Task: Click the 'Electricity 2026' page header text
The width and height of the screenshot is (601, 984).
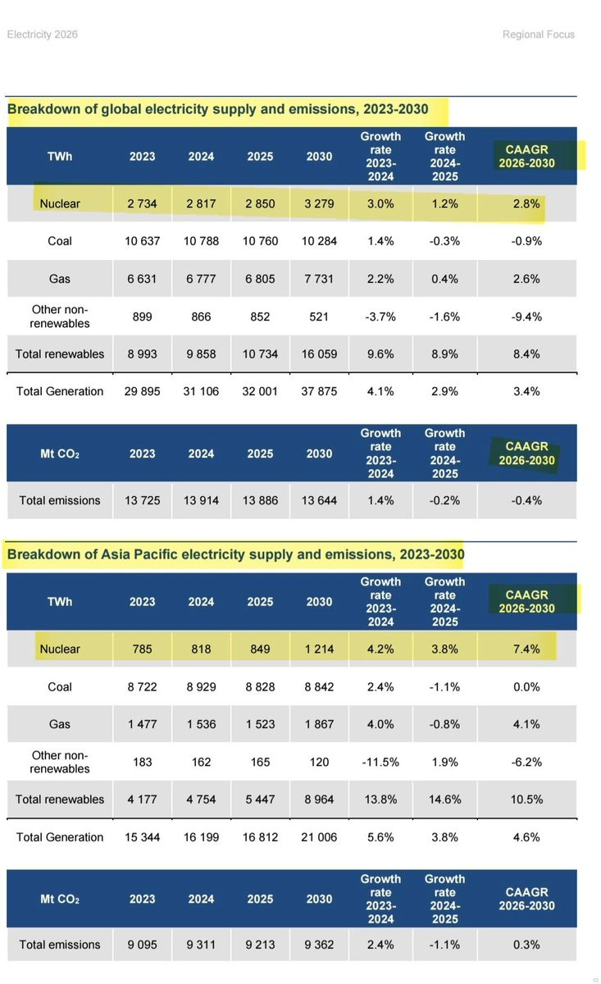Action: click(42, 34)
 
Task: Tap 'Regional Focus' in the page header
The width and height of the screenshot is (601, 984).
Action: click(539, 34)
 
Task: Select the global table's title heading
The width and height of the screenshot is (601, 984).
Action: click(217, 108)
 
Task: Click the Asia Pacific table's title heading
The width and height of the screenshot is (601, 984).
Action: click(235, 555)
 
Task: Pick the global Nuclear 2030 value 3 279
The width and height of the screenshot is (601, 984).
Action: click(319, 203)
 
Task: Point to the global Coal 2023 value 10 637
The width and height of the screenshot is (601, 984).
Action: click(142, 241)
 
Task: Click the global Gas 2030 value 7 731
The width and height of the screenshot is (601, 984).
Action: click(319, 279)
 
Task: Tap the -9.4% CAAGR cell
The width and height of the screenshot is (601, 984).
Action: click(526, 317)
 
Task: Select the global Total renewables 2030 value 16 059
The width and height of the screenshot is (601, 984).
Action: click(319, 353)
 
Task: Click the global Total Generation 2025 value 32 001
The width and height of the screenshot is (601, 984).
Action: click(260, 391)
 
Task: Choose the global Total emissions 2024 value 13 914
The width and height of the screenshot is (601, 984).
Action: click(201, 500)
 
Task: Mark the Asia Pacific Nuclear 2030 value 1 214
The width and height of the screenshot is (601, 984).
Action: click(319, 649)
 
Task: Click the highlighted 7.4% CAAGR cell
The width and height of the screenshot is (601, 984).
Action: click(526, 649)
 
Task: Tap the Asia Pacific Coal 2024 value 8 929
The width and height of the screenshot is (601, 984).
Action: click(201, 686)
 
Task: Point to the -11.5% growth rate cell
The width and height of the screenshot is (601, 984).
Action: click(380, 762)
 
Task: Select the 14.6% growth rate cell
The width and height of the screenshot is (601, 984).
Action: click(444, 799)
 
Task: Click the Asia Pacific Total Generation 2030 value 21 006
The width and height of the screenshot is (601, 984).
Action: click(319, 837)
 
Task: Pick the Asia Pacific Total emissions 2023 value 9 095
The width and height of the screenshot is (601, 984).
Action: click(142, 945)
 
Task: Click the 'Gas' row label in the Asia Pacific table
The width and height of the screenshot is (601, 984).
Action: click(60, 724)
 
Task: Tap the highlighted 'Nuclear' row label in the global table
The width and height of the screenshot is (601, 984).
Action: click(60, 203)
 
